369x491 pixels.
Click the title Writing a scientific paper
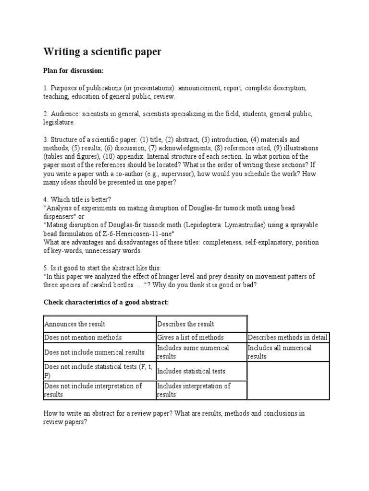click(102, 52)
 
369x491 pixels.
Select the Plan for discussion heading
click(74, 71)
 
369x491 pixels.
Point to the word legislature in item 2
click(59, 122)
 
